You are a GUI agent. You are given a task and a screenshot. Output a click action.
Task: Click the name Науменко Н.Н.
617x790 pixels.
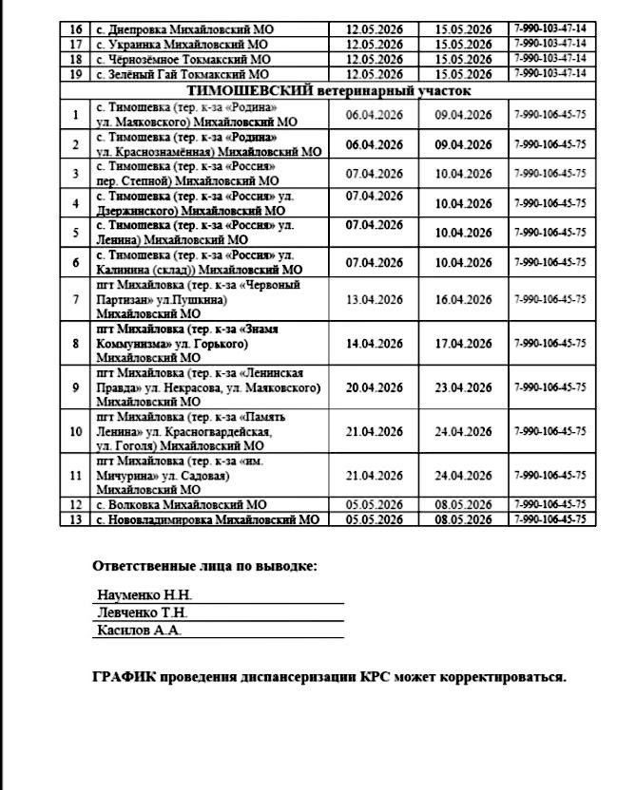coord(145,595)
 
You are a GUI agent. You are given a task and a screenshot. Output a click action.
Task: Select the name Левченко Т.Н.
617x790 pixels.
coord(144,612)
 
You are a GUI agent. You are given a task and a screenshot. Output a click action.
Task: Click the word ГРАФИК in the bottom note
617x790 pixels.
coord(124,678)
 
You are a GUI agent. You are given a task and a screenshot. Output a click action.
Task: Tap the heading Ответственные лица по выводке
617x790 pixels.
coord(204,567)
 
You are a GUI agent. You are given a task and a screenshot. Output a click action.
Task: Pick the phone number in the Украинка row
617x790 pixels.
coord(550,44)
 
